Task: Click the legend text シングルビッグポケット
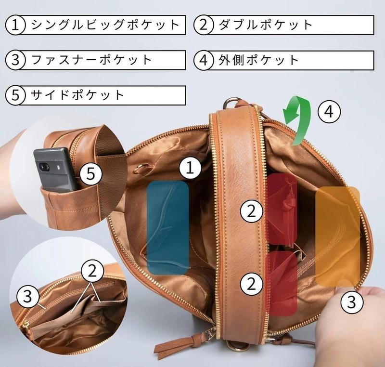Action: point(105,25)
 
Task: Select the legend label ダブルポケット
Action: point(266,25)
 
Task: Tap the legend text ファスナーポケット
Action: point(91,60)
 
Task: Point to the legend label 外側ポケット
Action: point(258,60)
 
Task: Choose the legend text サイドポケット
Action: point(77,95)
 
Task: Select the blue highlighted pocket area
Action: point(168,227)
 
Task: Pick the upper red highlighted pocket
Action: point(282,209)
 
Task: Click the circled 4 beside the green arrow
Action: point(329,112)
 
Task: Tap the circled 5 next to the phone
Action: point(91,174)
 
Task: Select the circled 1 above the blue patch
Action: point(190,168)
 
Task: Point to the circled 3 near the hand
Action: point(352,302)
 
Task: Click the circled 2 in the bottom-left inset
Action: point(92,272)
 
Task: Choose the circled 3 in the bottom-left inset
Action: point(28,296)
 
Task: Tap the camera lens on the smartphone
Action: point(44,167)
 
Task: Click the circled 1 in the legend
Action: point(15,25)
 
